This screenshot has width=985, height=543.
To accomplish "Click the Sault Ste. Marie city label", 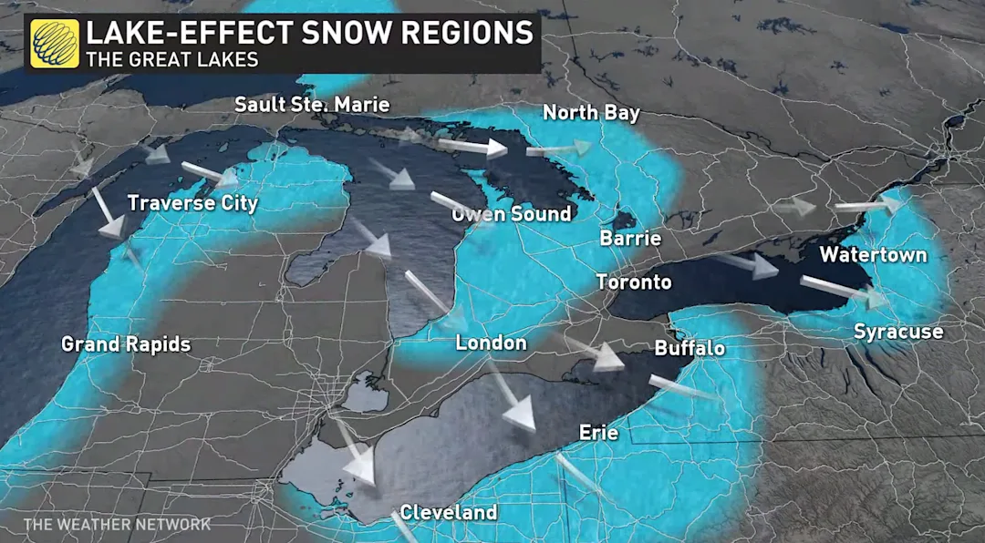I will [312, 105].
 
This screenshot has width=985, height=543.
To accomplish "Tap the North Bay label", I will [591, 113].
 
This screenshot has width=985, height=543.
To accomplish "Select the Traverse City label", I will [192, 202].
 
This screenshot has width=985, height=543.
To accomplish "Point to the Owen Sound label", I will [512, 214].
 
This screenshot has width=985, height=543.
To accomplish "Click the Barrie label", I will [630, 239].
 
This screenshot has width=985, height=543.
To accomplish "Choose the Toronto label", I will [634, 282].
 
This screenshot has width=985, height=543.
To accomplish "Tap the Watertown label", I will [873, 254].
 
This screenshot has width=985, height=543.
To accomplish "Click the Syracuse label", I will [897, 332].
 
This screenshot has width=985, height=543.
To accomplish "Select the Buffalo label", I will [689, 348].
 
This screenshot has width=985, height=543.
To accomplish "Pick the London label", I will [491, 343].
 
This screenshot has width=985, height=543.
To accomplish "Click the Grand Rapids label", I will [126, 344].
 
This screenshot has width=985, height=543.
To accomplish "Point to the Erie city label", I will [598, 433].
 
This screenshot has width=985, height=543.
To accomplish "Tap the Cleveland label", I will [449, 512].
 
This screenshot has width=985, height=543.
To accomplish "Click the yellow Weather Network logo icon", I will [54, 43].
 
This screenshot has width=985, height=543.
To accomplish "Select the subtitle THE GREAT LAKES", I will [171, 60].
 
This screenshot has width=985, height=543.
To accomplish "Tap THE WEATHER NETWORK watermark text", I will [117, 524].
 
